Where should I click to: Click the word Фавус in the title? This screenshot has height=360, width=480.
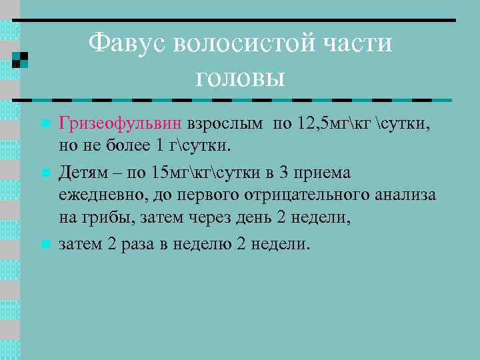pos(127,45)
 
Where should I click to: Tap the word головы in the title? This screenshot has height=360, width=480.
pos(240,77)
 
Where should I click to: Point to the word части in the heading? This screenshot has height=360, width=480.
pos(358,45)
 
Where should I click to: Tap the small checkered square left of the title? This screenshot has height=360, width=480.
pos(21,59)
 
